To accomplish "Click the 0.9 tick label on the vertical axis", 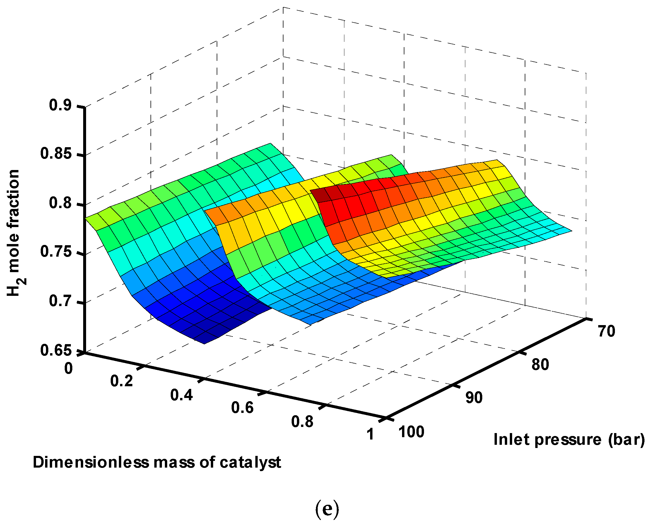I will click(x=60, y=105).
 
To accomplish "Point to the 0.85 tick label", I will click(x=56, y=154).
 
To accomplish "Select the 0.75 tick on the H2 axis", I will click(x=56, y=252).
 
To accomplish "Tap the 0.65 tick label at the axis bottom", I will click(x=56, y=350).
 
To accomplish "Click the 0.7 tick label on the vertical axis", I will click(x=60, y=301).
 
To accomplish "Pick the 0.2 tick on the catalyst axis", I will click(x=122, y=381).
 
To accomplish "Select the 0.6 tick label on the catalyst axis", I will click(x=242, y=408).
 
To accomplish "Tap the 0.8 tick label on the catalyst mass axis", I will click(x=302, y=422).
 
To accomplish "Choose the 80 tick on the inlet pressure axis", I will click(x=540, y=364).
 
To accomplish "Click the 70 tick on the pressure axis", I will click(x=606, y=331).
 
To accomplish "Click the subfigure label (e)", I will click(x=326, y=510).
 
